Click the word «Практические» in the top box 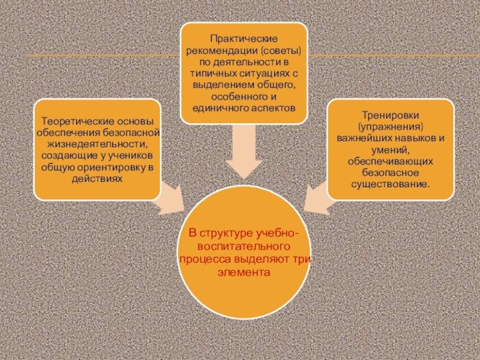(244, 39)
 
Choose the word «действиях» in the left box (97, 179)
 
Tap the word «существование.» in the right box (390, 184)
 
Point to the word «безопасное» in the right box (390, 173)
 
